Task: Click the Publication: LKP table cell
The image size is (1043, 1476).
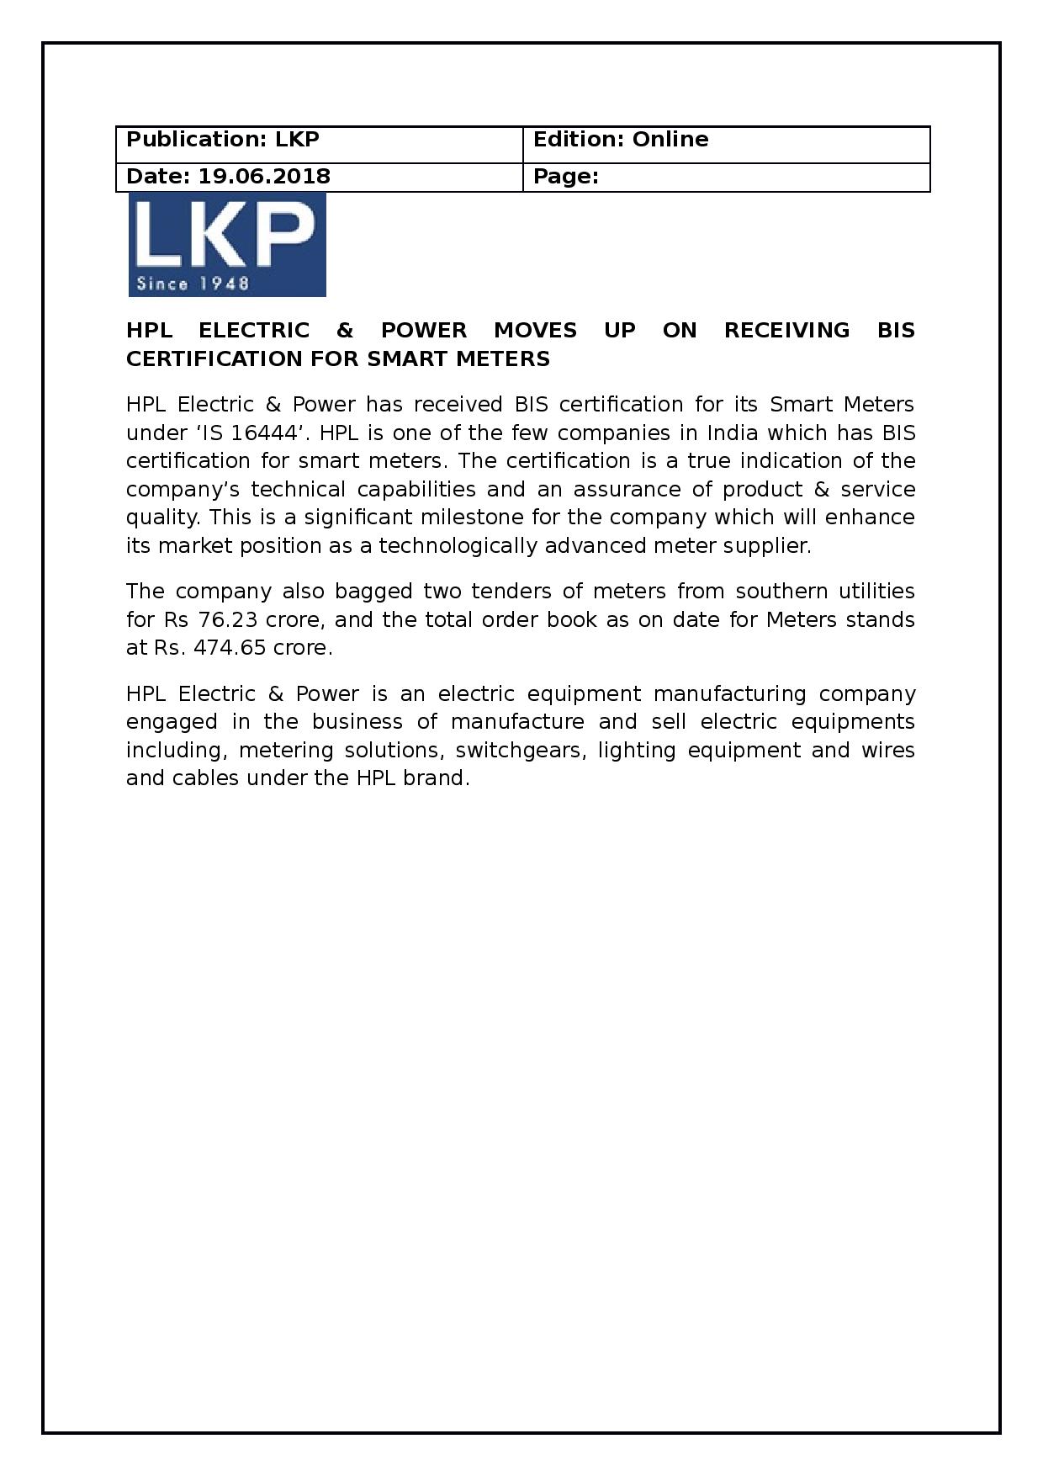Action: pos(319,144)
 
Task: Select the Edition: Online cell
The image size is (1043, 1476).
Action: pos(726,144)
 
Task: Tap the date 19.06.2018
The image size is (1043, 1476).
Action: pos(264,177)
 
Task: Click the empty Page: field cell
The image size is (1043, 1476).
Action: pos(726,178)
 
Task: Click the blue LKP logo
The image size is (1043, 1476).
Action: pos(226,244)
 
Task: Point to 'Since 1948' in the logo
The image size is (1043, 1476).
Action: pos(193,284)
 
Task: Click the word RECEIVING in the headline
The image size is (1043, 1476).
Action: pos(786,331)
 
